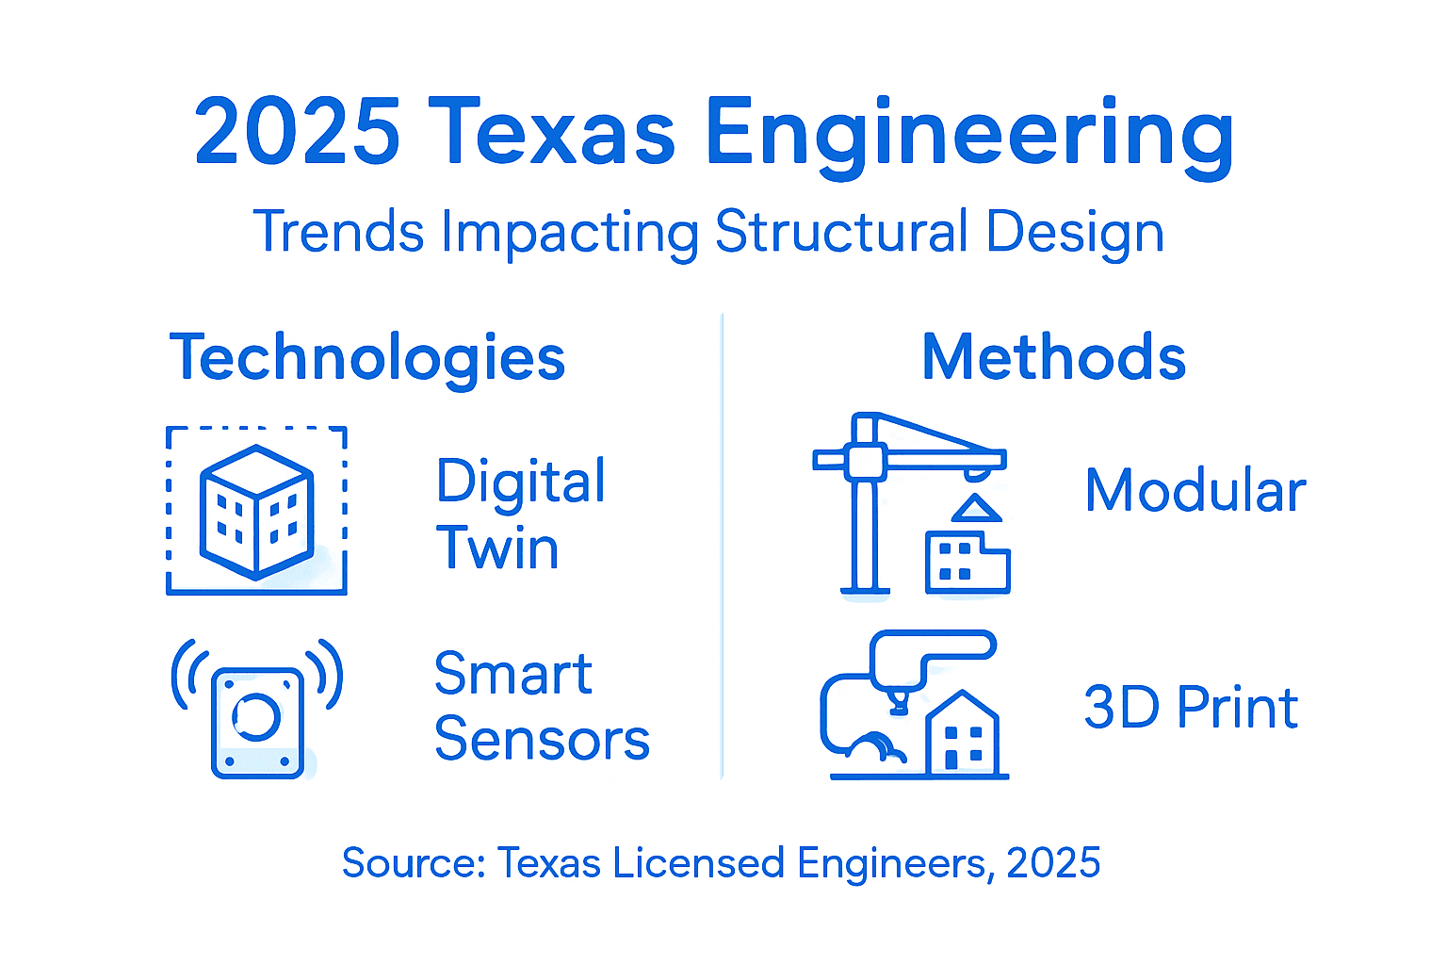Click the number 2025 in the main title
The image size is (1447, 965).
(x=298, y=132)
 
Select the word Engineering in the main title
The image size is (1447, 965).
(x=969, y=137)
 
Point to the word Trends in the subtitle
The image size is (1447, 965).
(x=339, y=231)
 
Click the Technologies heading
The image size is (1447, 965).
(x=367, y=359)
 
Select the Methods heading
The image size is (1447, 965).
(x=1053, y=358)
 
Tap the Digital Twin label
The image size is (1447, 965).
(x=520, y=514)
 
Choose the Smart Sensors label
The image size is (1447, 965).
(x=542, y=706)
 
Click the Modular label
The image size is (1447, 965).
(x=1195, y=491)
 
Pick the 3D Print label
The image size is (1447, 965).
(x=1191, y=708)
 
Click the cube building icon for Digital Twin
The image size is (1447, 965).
(x=256, y=511)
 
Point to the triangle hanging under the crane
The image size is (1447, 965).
(x=976, y=508)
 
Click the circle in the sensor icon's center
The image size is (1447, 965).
(x=256, y=717)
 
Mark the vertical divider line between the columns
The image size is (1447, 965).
(x=723, y=547)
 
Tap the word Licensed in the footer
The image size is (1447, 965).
(x=698, y=863)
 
